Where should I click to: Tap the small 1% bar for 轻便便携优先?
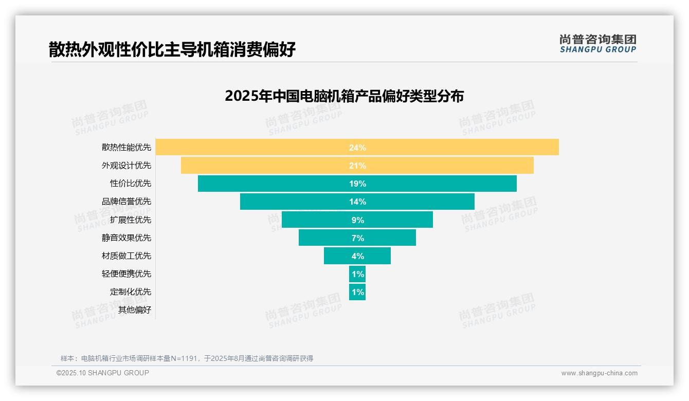pos(357,274)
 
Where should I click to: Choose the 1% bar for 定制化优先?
pos(357,292)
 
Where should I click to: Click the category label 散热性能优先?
pos(126,148)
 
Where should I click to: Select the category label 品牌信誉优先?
pos(126,202)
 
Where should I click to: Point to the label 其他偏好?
pos(135,310)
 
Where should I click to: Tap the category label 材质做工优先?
pos(126,256)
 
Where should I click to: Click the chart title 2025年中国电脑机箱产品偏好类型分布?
pos(344,96)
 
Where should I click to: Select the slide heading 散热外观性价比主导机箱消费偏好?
pos(172,50)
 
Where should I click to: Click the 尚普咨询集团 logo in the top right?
pos(597,44)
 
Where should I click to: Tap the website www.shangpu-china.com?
pos(599,373)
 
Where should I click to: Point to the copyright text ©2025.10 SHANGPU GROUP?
pos(103,373)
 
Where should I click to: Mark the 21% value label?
pos(357,166)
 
